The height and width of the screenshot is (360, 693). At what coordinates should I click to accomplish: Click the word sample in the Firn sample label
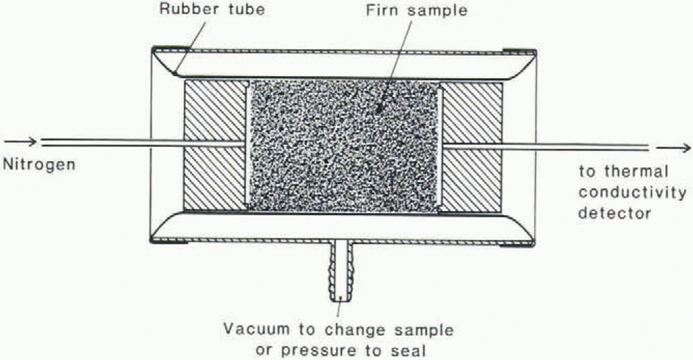[x=437, y=12]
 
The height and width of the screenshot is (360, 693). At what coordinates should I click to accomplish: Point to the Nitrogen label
[x=39, y=164]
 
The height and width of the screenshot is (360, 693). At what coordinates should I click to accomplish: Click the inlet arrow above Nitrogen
[x=20, y=142]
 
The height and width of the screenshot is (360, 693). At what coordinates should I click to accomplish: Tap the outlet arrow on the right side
[x=674, y=148]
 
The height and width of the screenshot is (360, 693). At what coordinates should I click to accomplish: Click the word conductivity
[x=633, y=193]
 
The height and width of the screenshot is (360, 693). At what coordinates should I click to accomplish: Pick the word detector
[x=615, y=213]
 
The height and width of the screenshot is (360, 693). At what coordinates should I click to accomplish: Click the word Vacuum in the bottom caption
[x=257, y=329]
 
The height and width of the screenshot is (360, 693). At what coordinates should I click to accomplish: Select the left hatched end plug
[x=215, y=146]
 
